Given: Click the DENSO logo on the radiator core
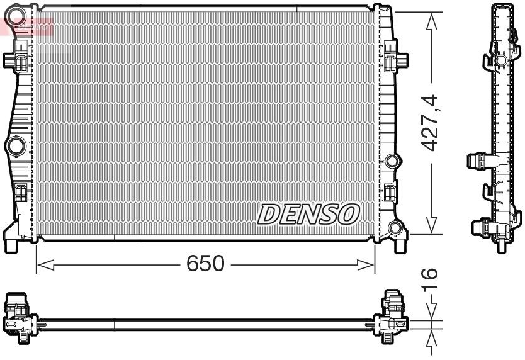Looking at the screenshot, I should (308, 214).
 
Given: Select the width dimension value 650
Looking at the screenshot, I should (205, 264).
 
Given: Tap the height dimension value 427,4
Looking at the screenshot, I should (429, 122).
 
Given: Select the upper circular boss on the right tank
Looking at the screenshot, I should (393, 161).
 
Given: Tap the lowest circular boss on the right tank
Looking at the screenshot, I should (396, 228).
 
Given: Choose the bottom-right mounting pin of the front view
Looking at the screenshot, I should (399, 243).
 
